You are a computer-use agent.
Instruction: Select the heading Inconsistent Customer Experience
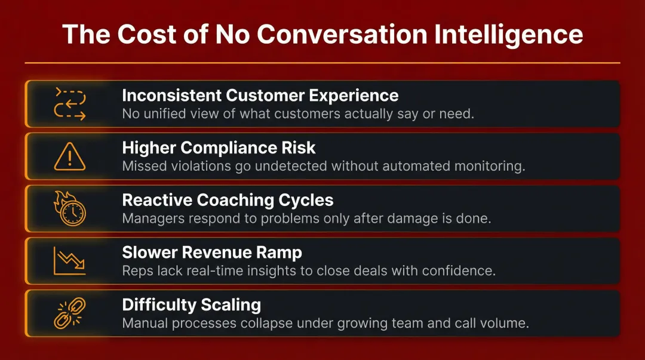tap(260, 96)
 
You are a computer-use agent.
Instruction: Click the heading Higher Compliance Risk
tap(219, 148)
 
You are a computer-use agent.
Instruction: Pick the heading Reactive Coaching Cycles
tap(228, 200)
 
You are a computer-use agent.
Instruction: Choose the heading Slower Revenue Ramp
tap(212, 253)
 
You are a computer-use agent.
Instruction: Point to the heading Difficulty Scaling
tap(191, 305)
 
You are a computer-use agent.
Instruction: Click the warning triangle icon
tap(70, 157)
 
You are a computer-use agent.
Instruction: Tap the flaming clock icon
tap(70, 209)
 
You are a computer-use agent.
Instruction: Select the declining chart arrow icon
tap(70, 261)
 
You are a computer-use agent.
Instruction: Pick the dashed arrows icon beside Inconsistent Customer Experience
tap(70, 104)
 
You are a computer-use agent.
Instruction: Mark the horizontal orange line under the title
tap(322, 63)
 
